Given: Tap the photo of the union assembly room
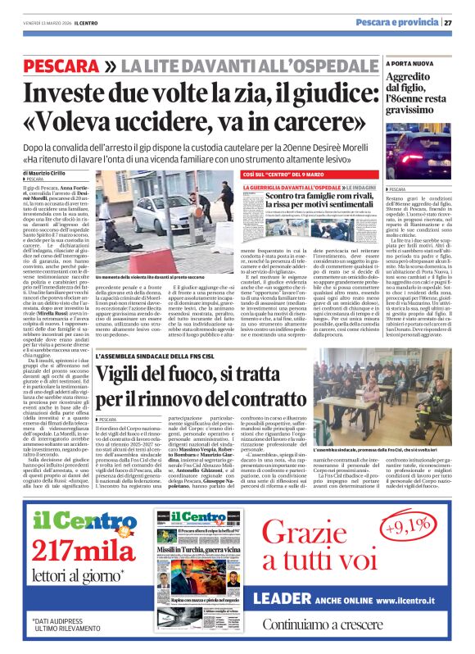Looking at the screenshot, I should tap(379, 396).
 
